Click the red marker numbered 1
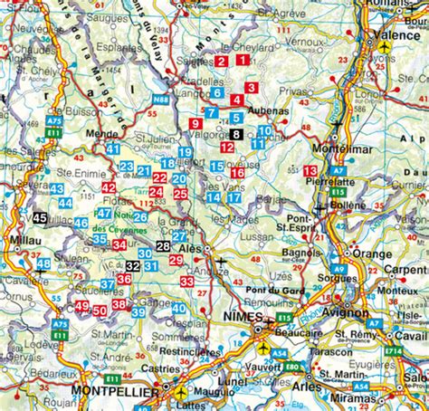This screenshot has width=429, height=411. click(x=243, y=60)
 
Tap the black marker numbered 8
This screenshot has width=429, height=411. click(x=235, y=134)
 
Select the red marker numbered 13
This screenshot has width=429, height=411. click(x=310, y=171)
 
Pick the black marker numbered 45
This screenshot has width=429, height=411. click(x=40, y=218)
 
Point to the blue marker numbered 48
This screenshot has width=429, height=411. click(x=43, y=264)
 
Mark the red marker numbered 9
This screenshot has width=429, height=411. click(x=195, y=122)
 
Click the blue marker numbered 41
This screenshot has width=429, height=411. click(x=113, y=148)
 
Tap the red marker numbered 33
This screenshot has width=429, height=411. click(x=186, y=282)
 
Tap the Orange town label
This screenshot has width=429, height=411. click(x=372, y=254)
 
